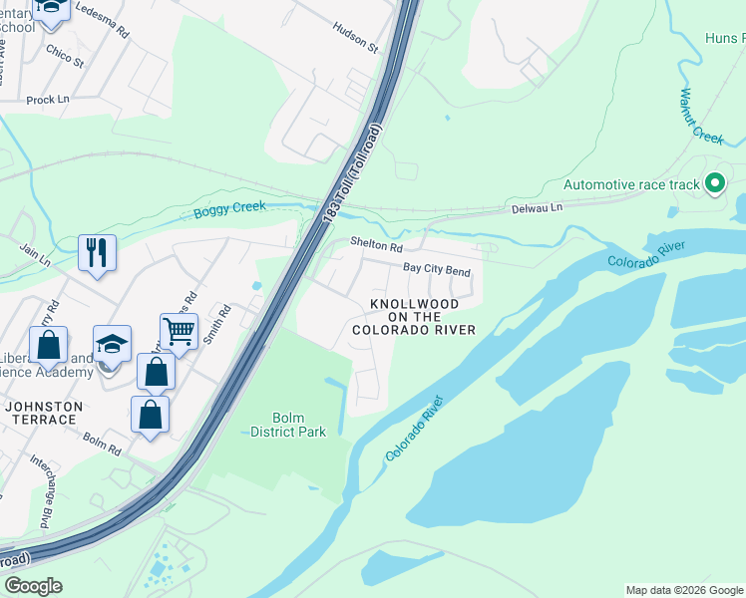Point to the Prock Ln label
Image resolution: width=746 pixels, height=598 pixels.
tap(47, 100)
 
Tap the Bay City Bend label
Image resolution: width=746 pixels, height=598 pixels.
tap(436, 269)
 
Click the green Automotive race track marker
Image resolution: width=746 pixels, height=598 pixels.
tap(714, 184)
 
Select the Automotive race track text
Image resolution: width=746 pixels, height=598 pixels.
tap(633, 184)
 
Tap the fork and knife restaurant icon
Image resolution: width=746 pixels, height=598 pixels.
tap(97, 253)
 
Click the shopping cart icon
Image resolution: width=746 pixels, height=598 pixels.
tap(179, 331)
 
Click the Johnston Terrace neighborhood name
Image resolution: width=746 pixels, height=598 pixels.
tap(41, 413)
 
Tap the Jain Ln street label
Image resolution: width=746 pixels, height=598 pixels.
tap(34, 256)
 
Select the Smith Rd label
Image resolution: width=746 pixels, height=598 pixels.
tap(218, 325)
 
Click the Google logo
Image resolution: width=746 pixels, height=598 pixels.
tap(33, 586)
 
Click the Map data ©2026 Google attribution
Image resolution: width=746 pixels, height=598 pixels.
tap(685, 590)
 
